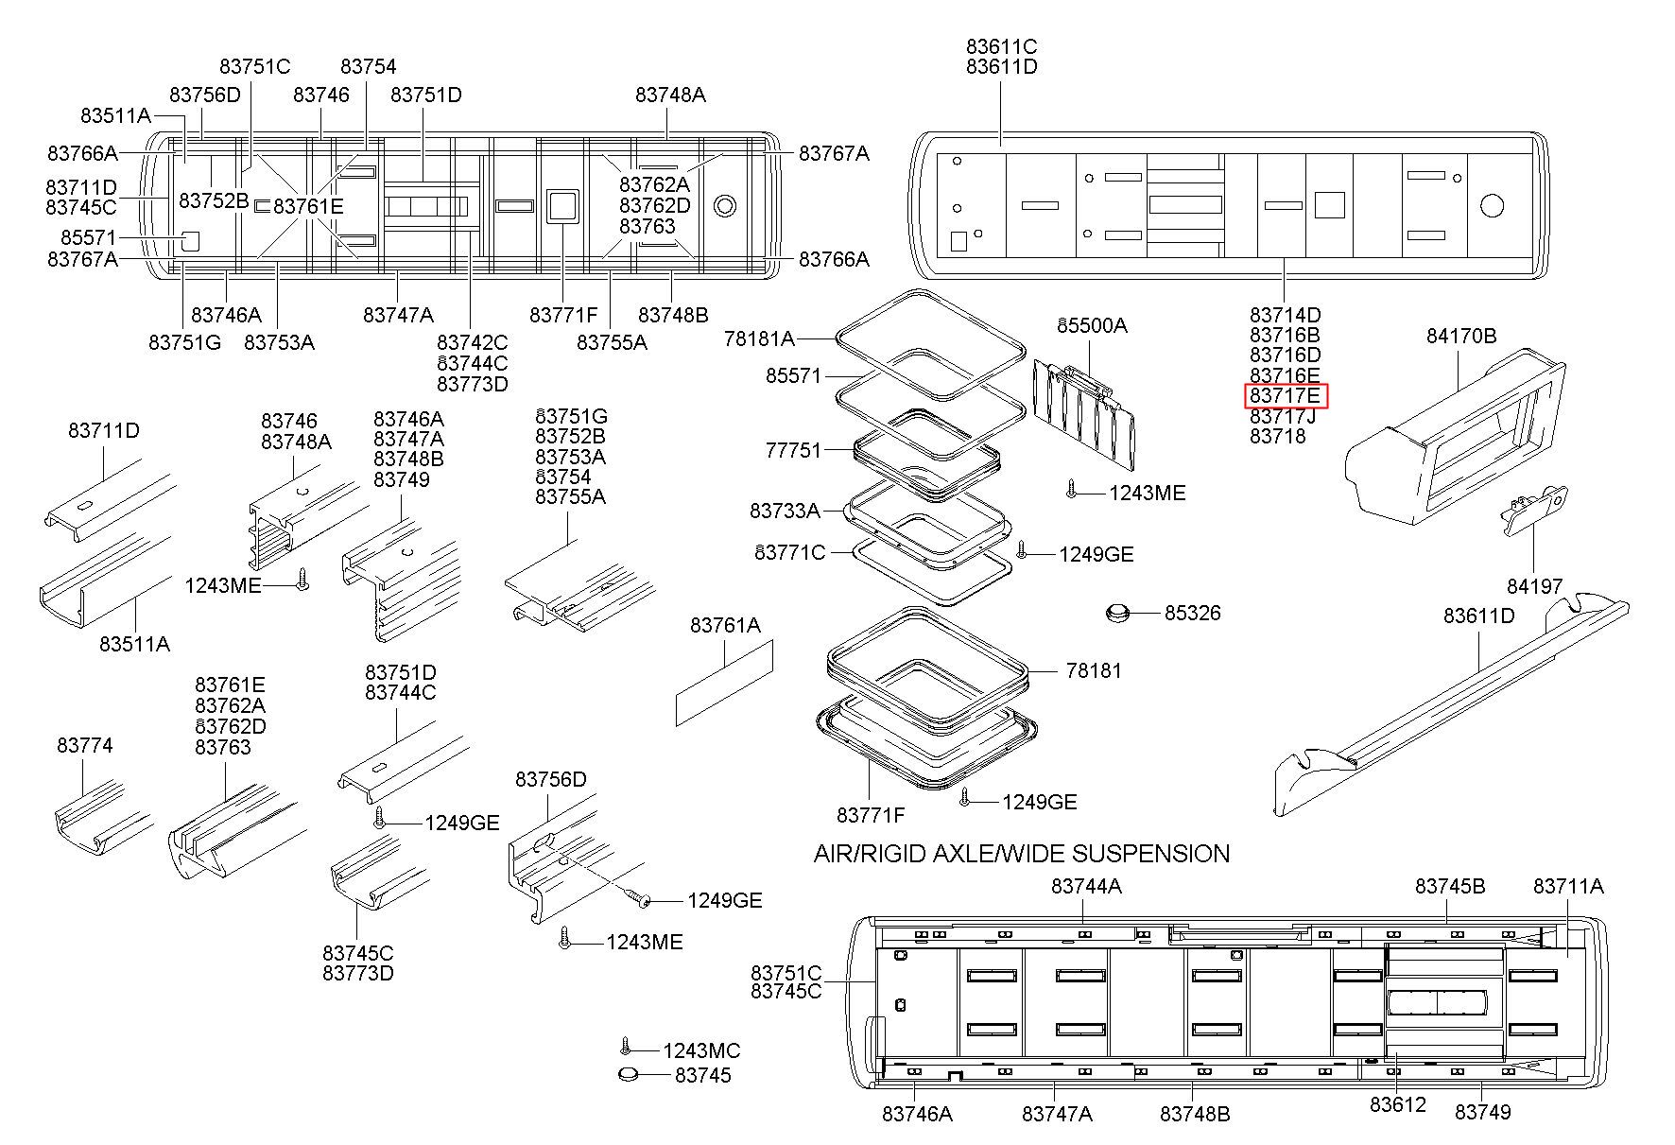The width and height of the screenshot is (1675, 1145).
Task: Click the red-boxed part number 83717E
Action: (x=1286, y=396)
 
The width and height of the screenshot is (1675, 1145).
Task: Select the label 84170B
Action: (x=1461, y=337)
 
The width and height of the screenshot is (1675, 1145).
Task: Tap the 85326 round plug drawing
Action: (x=1118, y=615)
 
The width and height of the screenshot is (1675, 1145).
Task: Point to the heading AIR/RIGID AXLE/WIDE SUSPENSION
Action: (x=1022, y=854)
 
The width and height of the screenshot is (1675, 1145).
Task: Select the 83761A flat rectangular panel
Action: (x=724, y=683)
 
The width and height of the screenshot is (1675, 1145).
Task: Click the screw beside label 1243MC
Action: (x=624, y=1046)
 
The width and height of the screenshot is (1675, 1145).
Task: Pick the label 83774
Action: (x=85, y=746)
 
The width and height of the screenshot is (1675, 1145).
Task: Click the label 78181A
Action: (x=759, y=338)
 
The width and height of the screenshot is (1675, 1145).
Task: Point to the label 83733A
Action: (x=785, y=511)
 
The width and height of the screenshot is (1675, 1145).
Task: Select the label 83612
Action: (x=1397, y=1104)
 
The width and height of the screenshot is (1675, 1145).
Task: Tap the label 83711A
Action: (x=1568, y=886)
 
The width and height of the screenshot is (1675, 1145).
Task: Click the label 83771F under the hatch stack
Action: (x=871, y=814)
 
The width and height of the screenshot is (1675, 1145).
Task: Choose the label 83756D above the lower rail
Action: (x=551, y=779)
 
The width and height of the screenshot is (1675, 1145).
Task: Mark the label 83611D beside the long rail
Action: (x=1479, y=616)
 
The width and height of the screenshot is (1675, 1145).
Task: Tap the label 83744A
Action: (x=1086, y=886)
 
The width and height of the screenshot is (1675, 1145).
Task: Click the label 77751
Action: (x=794, y=450)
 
